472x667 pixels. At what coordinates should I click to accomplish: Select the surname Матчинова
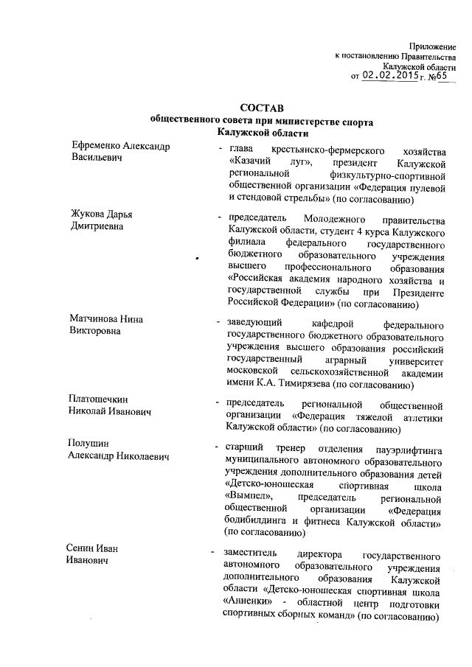coord(94,318)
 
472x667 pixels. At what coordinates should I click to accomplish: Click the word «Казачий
coord(252,161)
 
